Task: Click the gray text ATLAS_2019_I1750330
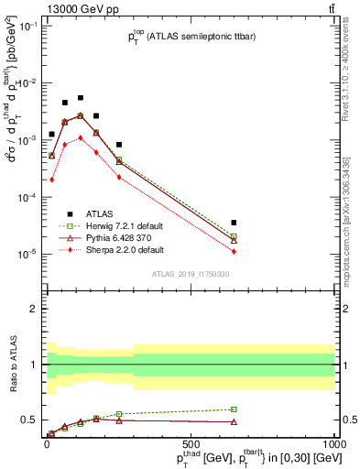pyautogui.click(x=190, y=273)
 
